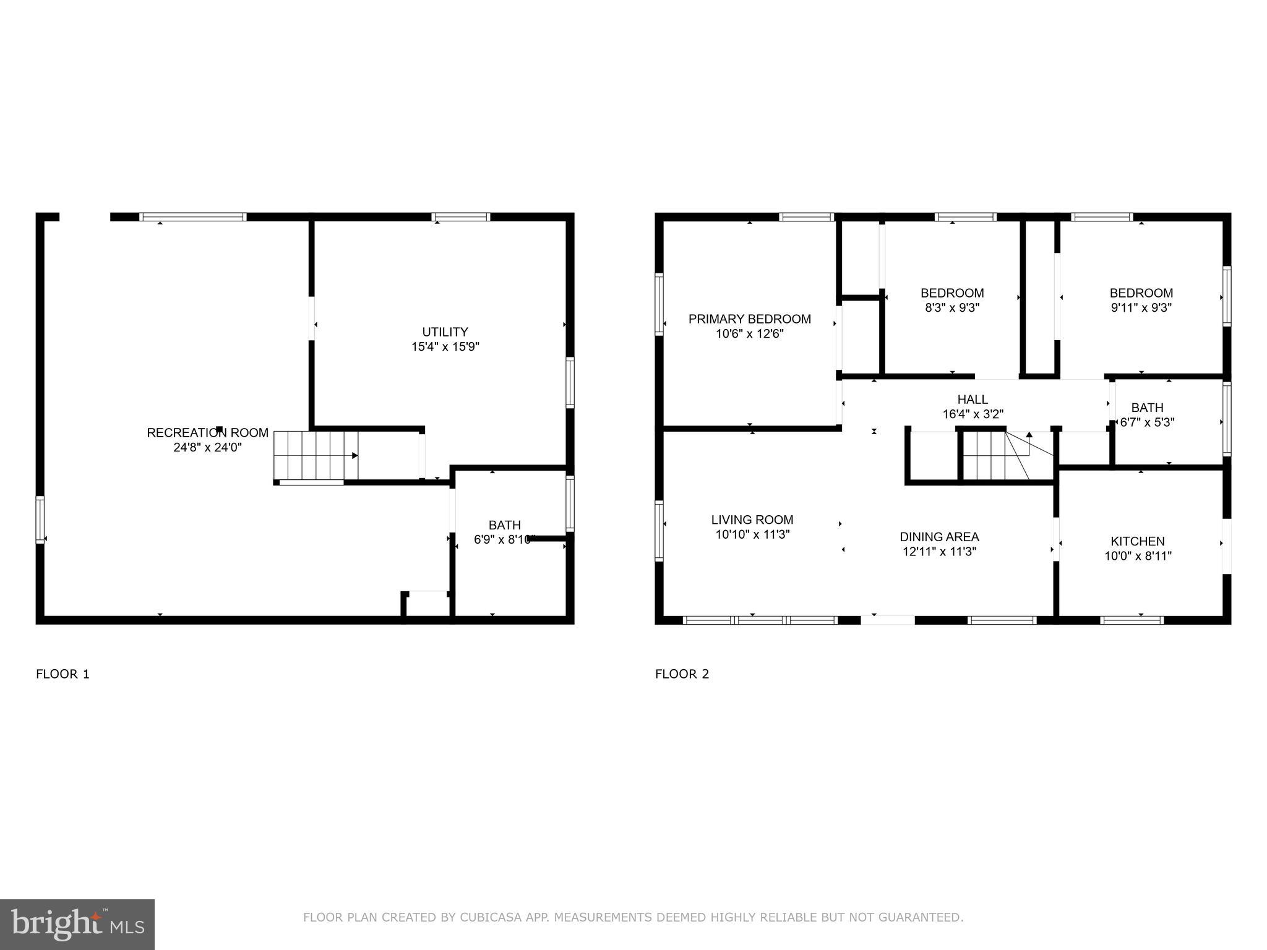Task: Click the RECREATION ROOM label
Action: coord(207,433)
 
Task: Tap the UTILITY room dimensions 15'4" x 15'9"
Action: coord(445,347)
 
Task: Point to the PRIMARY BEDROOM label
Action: coord(749,319)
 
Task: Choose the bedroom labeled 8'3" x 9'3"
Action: coord(951,300)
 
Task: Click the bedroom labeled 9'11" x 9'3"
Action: coord(1141,300)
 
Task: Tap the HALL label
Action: coord(973,400)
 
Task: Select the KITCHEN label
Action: coord(1137,541)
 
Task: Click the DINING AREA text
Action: coord(939,537)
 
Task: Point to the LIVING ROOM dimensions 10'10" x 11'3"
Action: coord(752,534)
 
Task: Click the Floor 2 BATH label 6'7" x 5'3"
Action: coord(1147,415)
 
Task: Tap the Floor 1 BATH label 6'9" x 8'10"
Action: coord(504,532)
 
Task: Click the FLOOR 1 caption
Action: coord(62,674)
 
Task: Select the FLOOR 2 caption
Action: coord(682,674)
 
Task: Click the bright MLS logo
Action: coord(77,925)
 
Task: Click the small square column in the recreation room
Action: coord(219,429)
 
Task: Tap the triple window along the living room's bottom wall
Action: coord(760,620)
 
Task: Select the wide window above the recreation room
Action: coord(193,217)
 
